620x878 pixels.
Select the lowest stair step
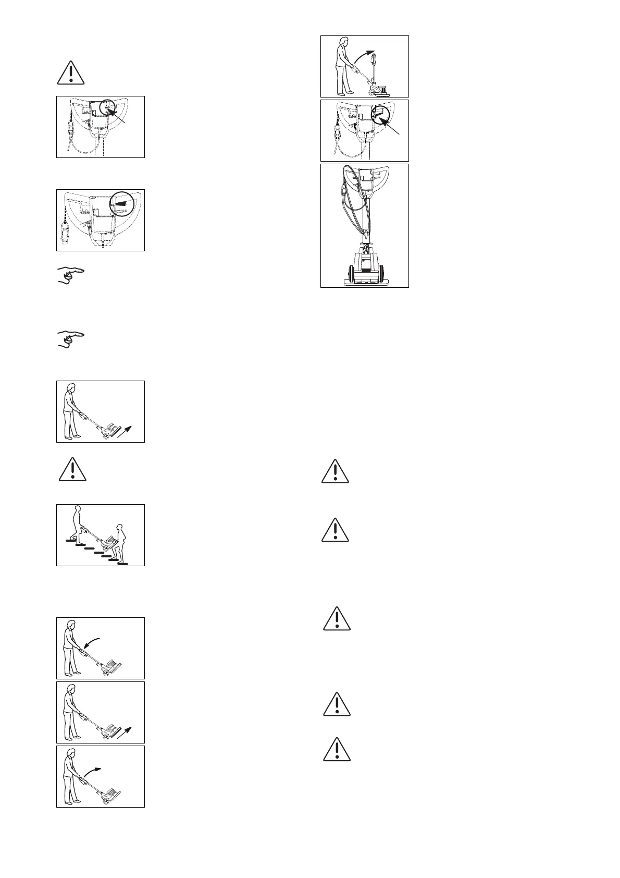pos(123,564)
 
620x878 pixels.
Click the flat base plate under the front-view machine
pos(365,284)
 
